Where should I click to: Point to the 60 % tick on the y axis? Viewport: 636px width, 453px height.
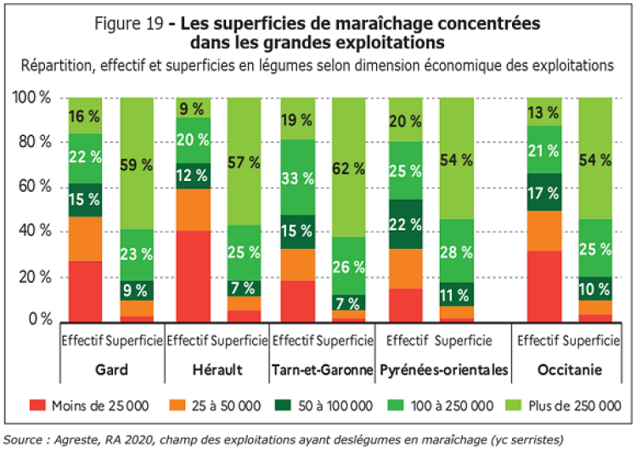(33, 187)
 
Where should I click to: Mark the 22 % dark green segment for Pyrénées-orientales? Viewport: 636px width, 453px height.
(405, 224)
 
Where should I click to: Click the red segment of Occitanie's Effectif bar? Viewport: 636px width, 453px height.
(543, 286)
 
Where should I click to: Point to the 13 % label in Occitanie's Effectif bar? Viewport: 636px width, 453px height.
(543, 111)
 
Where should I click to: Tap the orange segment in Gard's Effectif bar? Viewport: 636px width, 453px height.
(85, 239)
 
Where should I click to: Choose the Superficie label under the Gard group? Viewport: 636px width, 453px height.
(136, 341)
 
